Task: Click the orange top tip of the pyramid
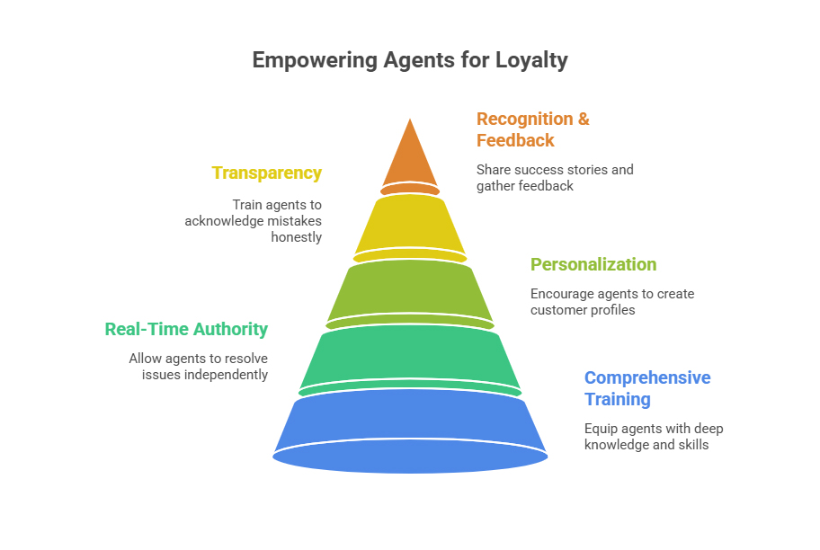pyautogui.click(x=410, y=157)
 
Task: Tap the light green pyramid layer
pyautogui.click(x=410, y=289)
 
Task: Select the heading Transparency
pyautogui.click(x=267, y=173)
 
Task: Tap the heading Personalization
pyautogui.click(x=593, y=264)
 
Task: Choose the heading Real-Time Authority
pyautogui.click(x=186, y=329)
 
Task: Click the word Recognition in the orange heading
pyautogui.click(x=525, y=119)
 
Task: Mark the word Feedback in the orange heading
pyautogui.click(x=515, y=140)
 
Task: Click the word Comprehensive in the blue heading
pyautogui.click(x=647, y=377)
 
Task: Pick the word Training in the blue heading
pyautogui.click(x=618, y=399)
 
